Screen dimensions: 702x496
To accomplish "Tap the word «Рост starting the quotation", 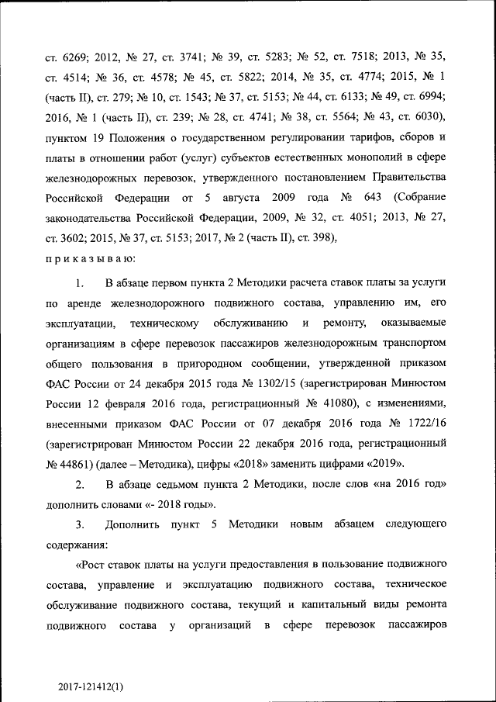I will click(x=93, y=562).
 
